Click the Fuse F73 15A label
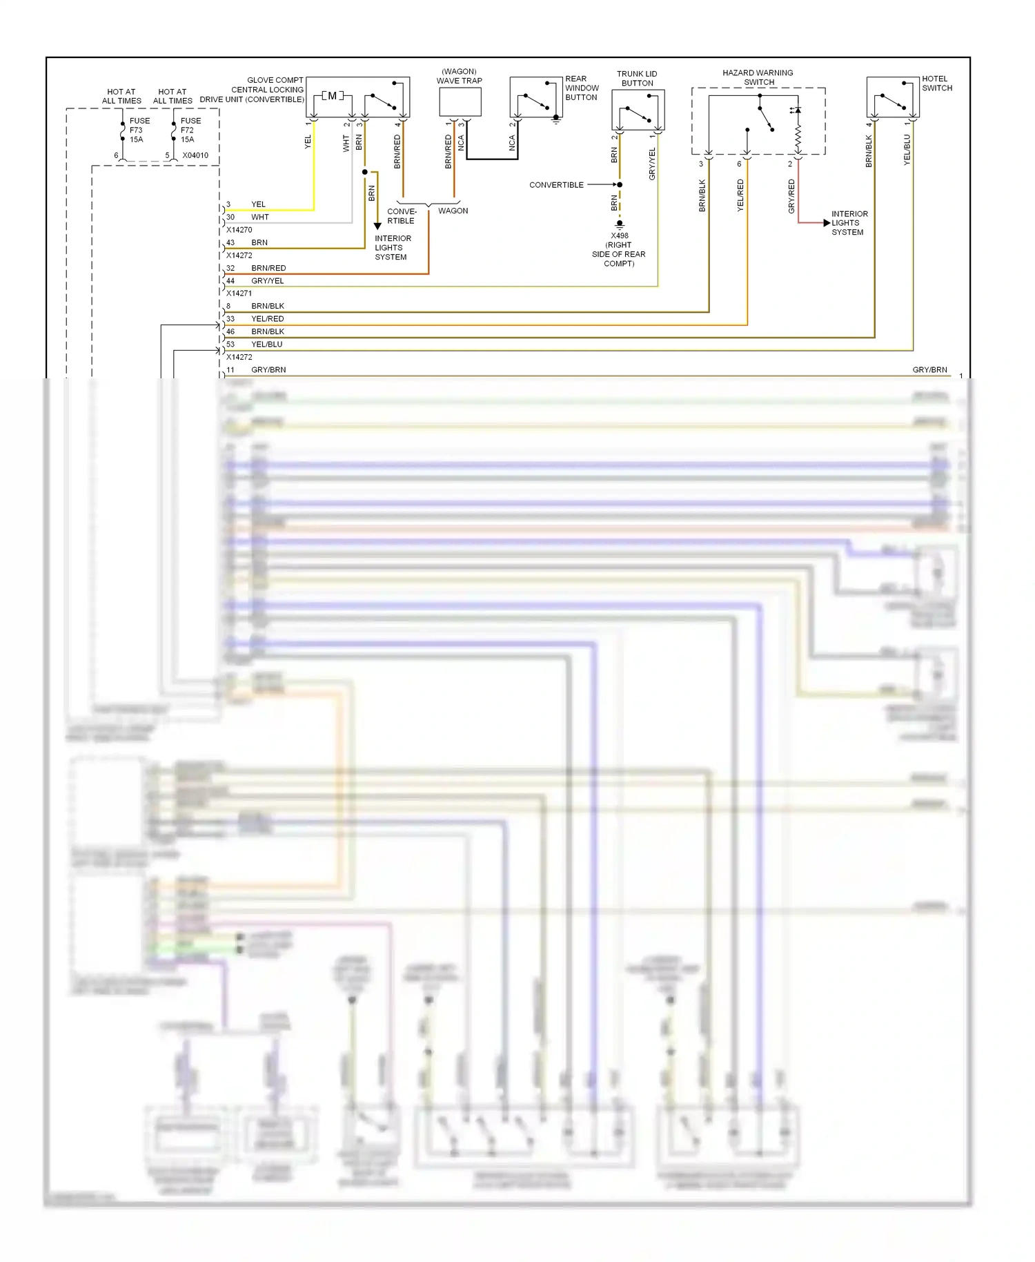(x=139, y=130)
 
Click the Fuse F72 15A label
(x=190, y=130)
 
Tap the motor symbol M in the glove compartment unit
(x=333, y=96)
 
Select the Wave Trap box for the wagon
(x=460, y=102)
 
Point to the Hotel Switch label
(x=936, y=84)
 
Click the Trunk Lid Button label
(x=637, y=79)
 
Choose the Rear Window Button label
(x=582, y=88)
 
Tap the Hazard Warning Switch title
(x=758, y=77)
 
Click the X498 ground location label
(x=619, y=249)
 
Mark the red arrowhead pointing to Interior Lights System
(x=827, y=223)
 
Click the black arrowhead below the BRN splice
(x=377, y=226)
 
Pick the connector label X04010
(x=195, y=155)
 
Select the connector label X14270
(x=239, y=230)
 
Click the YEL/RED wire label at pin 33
(x=268, y=319)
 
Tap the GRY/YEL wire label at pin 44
(x=268, y=281)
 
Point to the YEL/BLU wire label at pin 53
(x=267, y=344)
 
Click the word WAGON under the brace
(x=453, y=211)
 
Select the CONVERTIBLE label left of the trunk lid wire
(x=556, y=185)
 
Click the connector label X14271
(x=239, y=293)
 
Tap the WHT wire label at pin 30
(x=260, y=217)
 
